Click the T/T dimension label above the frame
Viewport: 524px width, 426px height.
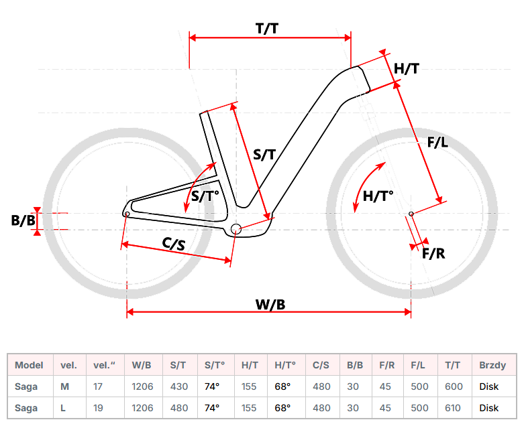267,29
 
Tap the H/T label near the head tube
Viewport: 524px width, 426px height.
407,68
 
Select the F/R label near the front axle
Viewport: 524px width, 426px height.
433,253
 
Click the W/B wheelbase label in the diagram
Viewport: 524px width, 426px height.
270,304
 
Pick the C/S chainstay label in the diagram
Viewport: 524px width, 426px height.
174,244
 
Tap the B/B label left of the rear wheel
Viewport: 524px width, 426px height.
23,220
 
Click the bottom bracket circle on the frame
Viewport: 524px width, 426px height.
235,230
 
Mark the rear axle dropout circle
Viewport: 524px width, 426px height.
127,214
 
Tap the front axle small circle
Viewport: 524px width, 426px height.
411,214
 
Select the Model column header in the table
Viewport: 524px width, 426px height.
29,365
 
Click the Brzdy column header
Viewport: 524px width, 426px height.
492,365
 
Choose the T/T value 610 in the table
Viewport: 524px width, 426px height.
453,408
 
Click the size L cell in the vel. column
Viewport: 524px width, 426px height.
64,408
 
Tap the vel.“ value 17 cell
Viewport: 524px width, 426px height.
98,386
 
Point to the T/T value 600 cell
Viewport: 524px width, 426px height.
453,386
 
